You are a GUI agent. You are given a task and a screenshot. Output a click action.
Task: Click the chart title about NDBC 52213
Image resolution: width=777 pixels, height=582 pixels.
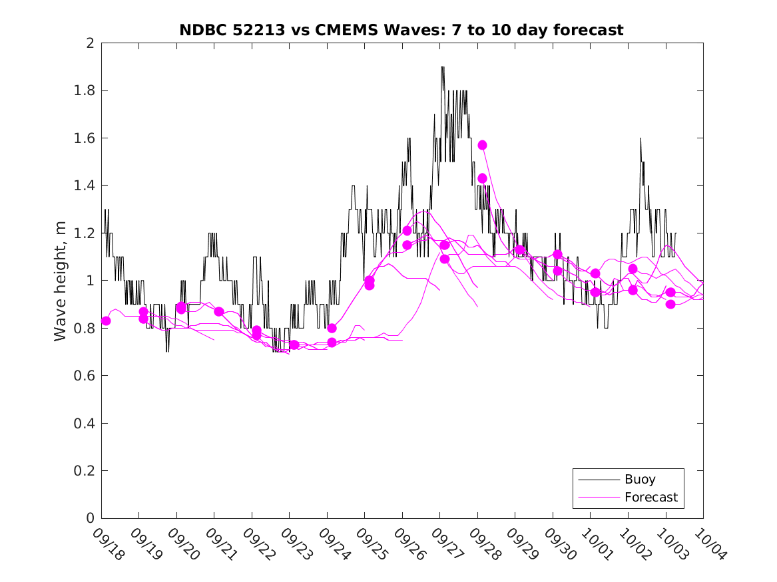click(x=401, y=30)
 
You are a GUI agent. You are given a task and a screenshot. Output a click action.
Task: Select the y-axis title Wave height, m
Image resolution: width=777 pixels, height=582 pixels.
click(x=61, y=281)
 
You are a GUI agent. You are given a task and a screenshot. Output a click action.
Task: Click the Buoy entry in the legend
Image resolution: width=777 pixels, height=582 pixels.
click(x=640, y=480)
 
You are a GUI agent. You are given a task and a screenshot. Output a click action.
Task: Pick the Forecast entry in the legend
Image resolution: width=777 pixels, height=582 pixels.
click(x=651, y=497)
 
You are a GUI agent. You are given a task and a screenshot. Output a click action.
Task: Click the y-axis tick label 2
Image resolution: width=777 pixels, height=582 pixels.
click(x=89, y=43)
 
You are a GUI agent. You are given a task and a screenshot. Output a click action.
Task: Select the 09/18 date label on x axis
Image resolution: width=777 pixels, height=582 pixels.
click(x=107, y=544)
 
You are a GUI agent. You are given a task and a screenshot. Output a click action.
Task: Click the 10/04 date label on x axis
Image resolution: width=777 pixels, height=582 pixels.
click(x=709, y=544)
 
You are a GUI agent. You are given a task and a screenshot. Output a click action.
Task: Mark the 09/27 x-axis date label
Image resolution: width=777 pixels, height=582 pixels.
click(x=446, y=544)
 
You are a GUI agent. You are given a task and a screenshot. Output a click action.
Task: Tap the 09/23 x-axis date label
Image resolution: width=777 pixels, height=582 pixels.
click(x=296, y=544)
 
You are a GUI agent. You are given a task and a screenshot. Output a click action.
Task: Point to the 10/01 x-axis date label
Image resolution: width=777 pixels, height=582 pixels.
click(x=597, y=544)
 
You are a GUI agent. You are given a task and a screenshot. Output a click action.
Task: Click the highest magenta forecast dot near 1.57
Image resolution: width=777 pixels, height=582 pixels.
click(x=482, y=145)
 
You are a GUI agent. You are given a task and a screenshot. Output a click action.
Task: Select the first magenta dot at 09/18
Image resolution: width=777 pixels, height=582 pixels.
click(x=106, y=321)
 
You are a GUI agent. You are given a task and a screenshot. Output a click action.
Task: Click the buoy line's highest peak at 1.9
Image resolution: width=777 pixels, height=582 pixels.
click(x=442, y=67)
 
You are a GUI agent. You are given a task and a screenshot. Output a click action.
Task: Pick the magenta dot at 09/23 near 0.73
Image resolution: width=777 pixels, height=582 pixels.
click(x=294, y=345)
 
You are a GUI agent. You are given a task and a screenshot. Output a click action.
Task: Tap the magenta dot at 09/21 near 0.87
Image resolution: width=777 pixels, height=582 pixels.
click(x=218, y=311)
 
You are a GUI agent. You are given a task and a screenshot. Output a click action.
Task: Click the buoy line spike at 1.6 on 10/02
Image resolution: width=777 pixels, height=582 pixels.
click(x=641, y=138)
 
